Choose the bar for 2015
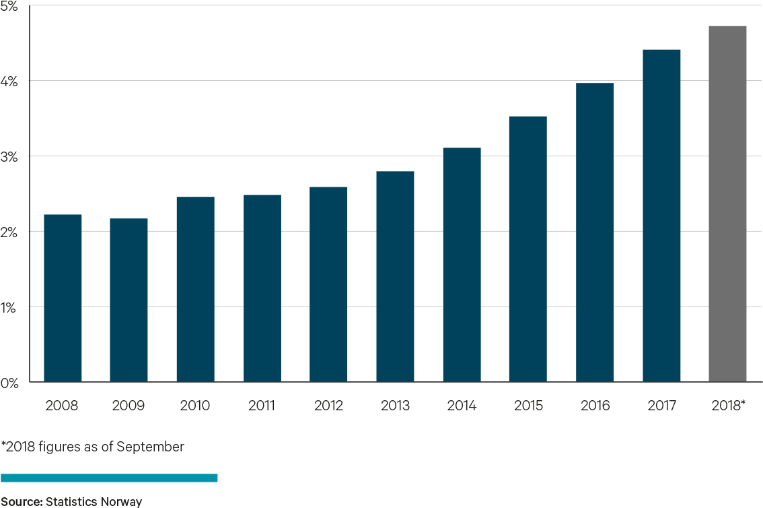tap(528, 249)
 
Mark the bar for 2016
tap(595, 232)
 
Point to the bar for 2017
tap(661, 216)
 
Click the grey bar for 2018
tap(727, 203)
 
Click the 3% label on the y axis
tap(9, 156)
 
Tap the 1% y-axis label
tap(9, 307)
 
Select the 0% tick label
tap(9, 383)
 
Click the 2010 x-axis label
tap(195, 406)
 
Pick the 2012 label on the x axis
tap(328, 406)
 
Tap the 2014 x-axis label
tap(462, 406)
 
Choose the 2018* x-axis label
tap(729, 406)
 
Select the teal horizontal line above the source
tap(109, 478)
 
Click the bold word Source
tap(21, 501)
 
